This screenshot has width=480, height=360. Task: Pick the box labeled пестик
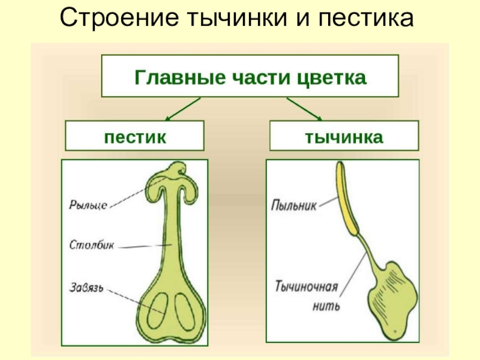pos(134,136)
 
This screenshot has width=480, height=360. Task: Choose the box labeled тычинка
pos(344,136)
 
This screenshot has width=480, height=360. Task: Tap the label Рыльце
pos(88,205)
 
